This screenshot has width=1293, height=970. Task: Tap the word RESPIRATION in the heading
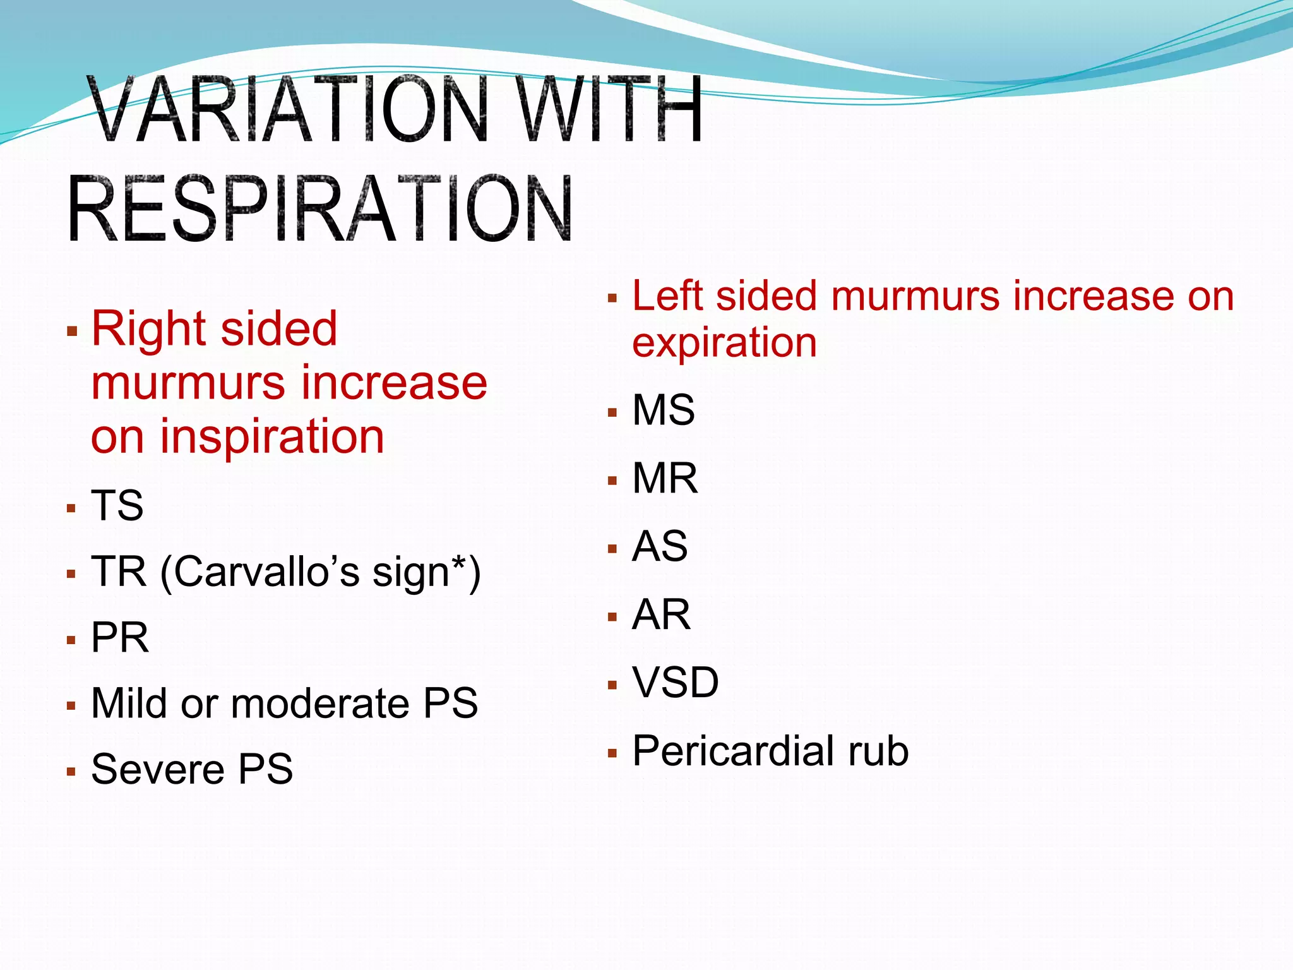tap(319, 209)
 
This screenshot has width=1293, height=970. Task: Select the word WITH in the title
tap(610, 109)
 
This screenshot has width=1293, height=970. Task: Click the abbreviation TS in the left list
tap(117, 505)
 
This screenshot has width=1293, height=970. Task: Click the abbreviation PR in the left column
tap(120, 637)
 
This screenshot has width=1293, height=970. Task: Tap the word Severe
tap(158, 769)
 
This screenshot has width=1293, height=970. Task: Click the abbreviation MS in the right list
tap(664, 410)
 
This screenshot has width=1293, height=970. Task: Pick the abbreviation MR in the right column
tap(665, 478)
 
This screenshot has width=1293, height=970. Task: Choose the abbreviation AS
tap(660, 546)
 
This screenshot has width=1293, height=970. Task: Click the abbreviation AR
tap(661, 614)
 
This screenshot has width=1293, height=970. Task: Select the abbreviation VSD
tap(676, 683)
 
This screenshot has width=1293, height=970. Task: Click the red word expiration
tap(724, 344)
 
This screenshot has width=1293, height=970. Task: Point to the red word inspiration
tap(271, 437)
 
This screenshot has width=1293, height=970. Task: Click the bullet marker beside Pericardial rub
tap(612, 753)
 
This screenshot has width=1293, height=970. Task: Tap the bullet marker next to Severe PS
tap(71, 771)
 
